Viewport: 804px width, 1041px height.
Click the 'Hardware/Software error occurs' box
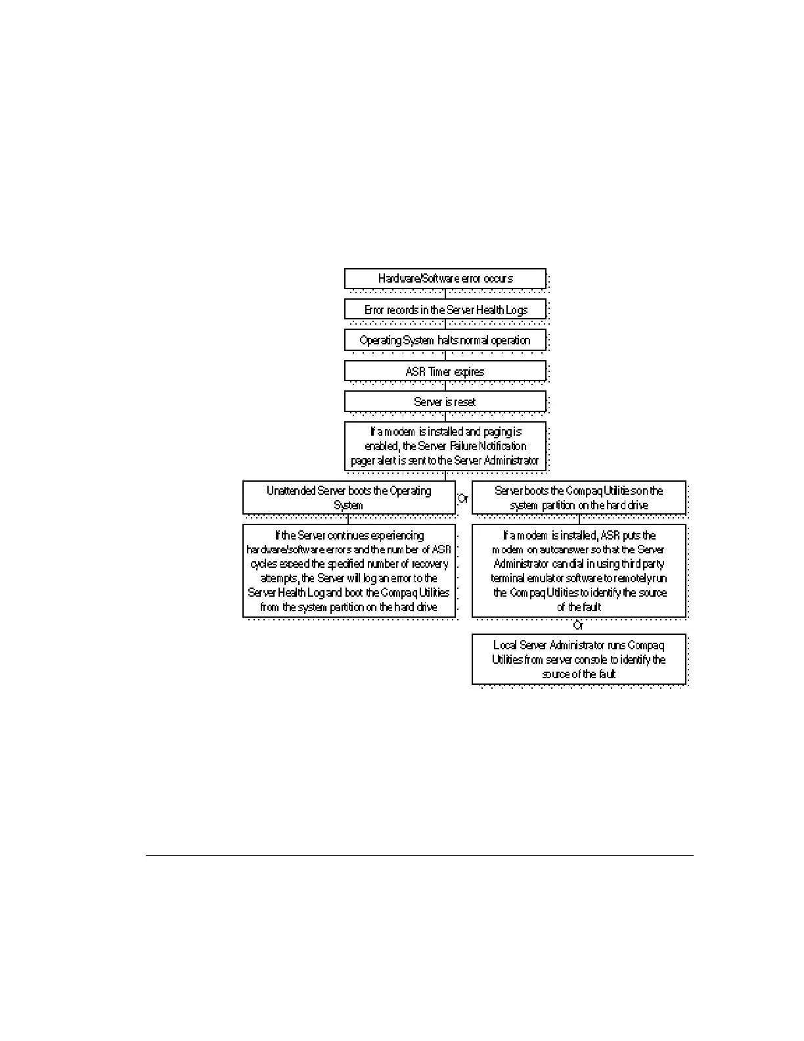[x=445, y=279]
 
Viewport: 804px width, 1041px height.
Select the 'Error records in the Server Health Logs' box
[x=445, y=310]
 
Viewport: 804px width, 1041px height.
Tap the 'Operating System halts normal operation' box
[x=445, y=340]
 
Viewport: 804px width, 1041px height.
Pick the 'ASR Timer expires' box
[x=445, y=371]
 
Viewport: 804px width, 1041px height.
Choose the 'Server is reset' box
[x=445, y=402]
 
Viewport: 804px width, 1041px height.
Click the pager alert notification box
[x=445, y=446]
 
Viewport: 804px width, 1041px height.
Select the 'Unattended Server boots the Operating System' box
[x=349, y=497]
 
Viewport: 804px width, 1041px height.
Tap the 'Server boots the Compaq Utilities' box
[x=579, y=497]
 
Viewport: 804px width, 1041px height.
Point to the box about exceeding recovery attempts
[x=349, y=570]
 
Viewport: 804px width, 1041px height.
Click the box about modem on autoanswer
[x=579, y=570]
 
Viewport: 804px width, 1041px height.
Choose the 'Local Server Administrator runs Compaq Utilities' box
[x=579, y=659]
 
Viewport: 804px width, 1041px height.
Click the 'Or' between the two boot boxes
[x=463, y=499]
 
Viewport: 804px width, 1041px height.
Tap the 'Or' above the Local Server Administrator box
[x=578, y=626]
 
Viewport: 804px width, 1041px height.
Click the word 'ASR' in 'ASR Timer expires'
[x=416, y=372]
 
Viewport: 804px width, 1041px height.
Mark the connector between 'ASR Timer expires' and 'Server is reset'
[x=445, y=386]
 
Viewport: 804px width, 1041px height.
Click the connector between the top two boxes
[x=445, y=294]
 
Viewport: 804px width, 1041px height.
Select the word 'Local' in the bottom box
[x=504, y=645]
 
